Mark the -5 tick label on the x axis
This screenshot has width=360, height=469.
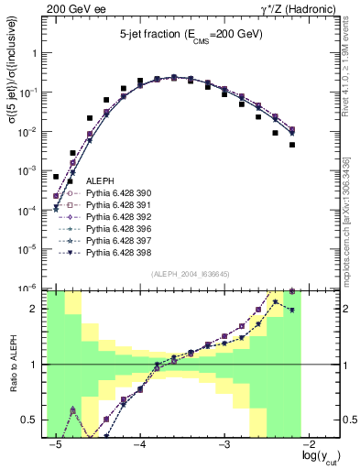click(56, 445)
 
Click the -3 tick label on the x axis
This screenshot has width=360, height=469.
click(224, 445)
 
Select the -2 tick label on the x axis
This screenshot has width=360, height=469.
click(309, 445)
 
